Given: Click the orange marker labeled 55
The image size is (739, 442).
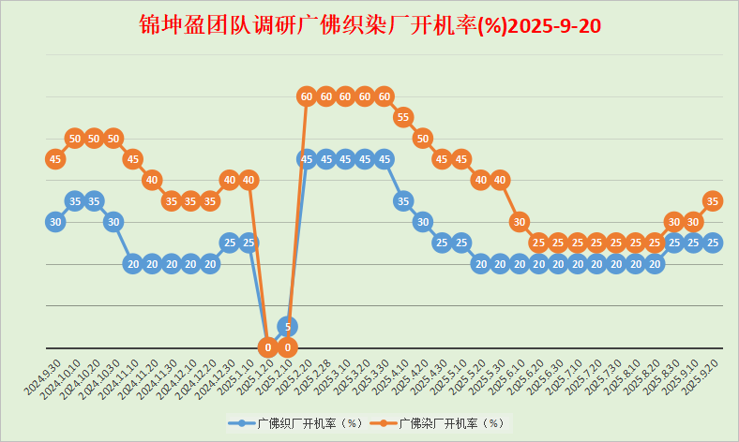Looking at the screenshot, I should click(x=403, y=117).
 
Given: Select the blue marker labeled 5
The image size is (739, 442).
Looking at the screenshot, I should click(x=288, y=326).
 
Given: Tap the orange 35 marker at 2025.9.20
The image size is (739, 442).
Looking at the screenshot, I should click(x=713, y=200).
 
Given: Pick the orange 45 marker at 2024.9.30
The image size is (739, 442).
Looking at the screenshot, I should click(x=55, y=159).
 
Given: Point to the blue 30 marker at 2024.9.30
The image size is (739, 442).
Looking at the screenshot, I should click(x=55, y=222).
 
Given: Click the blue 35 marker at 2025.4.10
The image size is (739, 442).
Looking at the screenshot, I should click(x=403, y=200).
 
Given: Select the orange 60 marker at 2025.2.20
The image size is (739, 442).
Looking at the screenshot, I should click(x=307, y=96).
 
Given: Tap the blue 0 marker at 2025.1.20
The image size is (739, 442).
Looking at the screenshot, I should click(x=268, y=347).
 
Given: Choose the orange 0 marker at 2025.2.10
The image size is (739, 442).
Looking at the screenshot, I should click(x=288, y=347).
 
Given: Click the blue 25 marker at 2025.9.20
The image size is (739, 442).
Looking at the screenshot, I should click(x=713, y=243).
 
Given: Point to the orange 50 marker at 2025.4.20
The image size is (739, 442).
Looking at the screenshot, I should click(x=423, y=138).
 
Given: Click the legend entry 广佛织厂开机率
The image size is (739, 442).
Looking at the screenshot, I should click(x=296, y=423).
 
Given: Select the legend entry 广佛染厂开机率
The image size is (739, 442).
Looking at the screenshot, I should click(x=438, y=423).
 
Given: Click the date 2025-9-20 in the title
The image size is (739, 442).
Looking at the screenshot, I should click(x=554, y=25).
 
